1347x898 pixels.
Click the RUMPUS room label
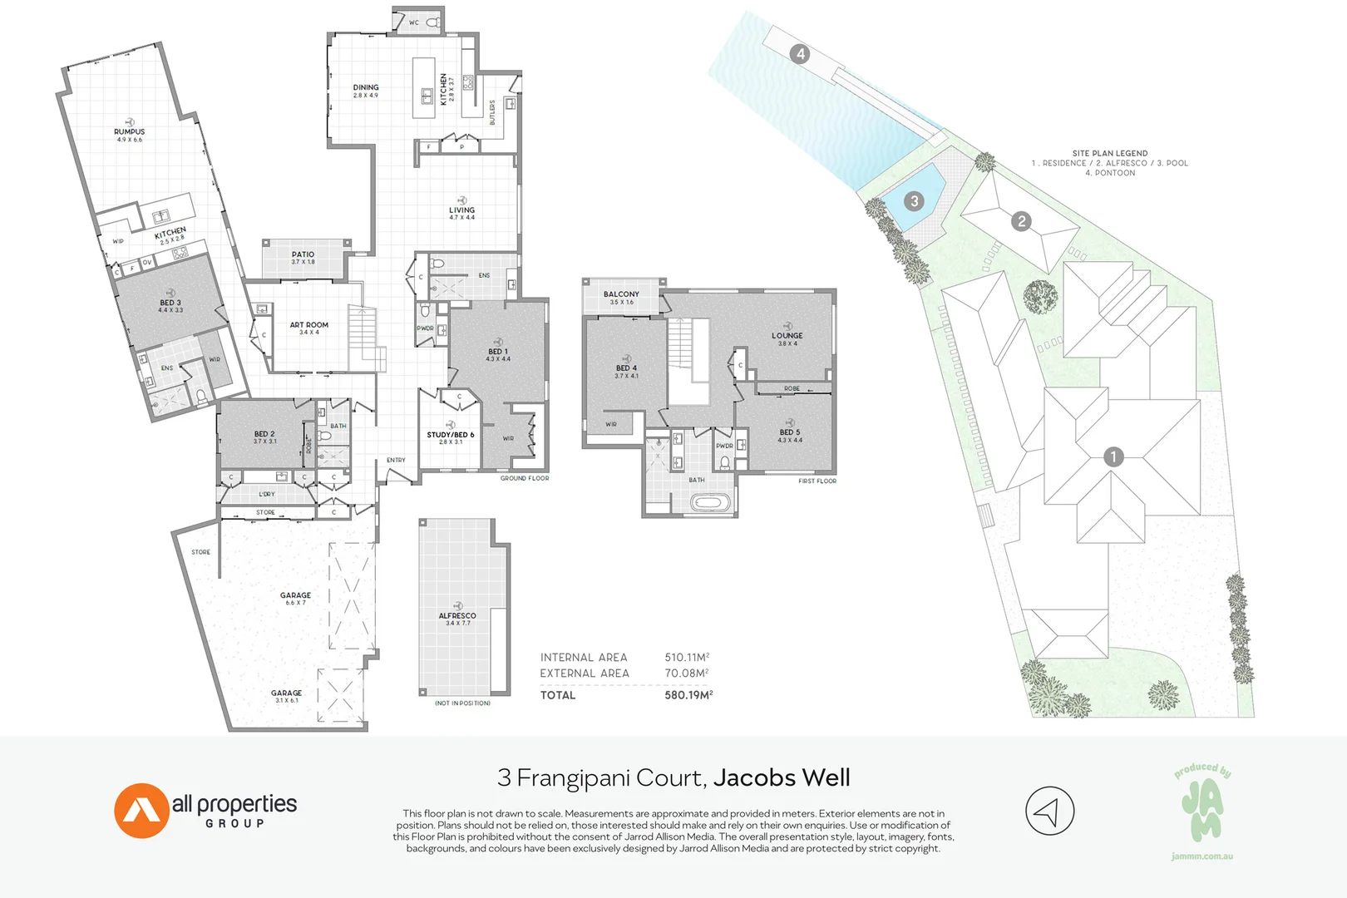(x=129, y=131)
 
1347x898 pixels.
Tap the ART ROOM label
(x=308, y=325)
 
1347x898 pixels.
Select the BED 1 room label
(x=497, y=352)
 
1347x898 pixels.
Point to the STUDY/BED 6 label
(x=450, y=435)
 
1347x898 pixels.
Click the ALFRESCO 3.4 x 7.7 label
(x=457, y=616)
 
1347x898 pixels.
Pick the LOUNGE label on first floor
(x=787, y=336)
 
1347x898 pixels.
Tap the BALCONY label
(x=621, y=294)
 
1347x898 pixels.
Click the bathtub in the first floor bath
(x=711, y=503)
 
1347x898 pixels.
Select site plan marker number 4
(x=800, y=54)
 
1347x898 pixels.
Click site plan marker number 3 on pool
(x=914, y=201)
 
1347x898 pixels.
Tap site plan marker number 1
(x=1113, y=456)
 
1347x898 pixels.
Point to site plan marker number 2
(x=1021, y=221)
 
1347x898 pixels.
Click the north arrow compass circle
(x=1049, y=811)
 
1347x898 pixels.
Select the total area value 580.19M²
(x=688, y=695)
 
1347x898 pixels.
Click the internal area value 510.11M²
(x=687, y=657)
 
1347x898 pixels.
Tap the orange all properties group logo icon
(x=142, y=810)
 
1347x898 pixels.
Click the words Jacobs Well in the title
(x=782, y=778)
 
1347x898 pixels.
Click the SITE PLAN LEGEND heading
(x=1109, y=154)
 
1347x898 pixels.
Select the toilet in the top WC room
(x=433, y=22)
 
